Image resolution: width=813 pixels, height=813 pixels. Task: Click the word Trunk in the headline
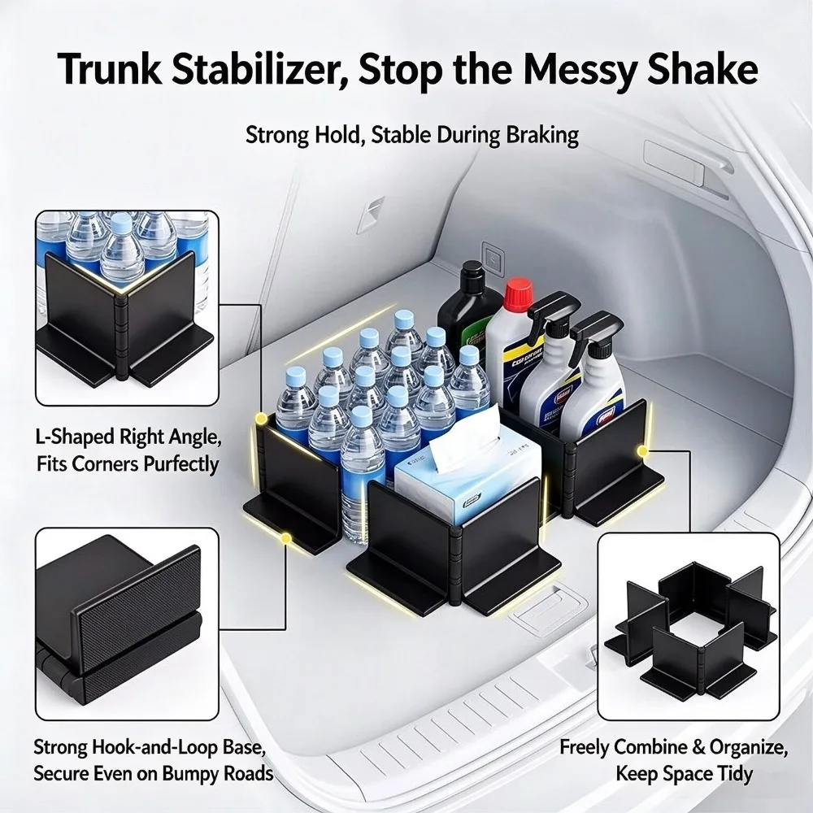pyautogui.click(x=110, y=69)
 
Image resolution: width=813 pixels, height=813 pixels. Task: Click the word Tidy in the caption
pyautogui.click(x=733, y=774)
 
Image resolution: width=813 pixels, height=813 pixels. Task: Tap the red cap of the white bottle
pyautogui.click(x=518, y=293)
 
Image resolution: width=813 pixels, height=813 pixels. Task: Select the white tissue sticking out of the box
pyautogui.click(x=464, y=443)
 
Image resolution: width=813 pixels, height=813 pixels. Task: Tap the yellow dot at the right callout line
pyautogui.click(x=643, y=451)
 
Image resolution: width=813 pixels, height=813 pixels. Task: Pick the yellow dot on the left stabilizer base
pyautogui.click(x=285, y=539)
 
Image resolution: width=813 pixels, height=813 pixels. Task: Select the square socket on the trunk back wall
pyautogui.click(x=493, y=257)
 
